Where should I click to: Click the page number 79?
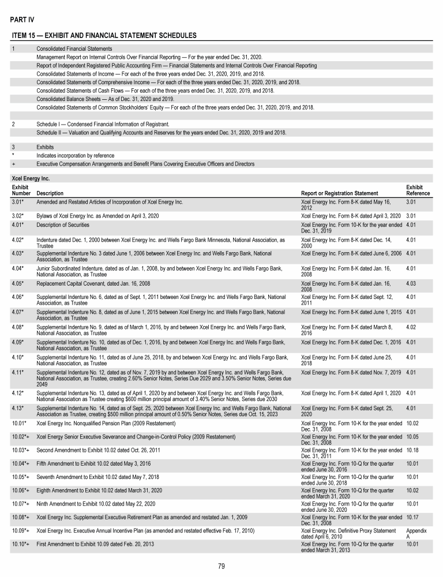tap(221, 565)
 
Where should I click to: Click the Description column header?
tap(50, 193)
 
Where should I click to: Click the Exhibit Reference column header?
tap(418, 190)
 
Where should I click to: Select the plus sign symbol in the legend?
tap(13, 164)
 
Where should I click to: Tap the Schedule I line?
tap(103, 124)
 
